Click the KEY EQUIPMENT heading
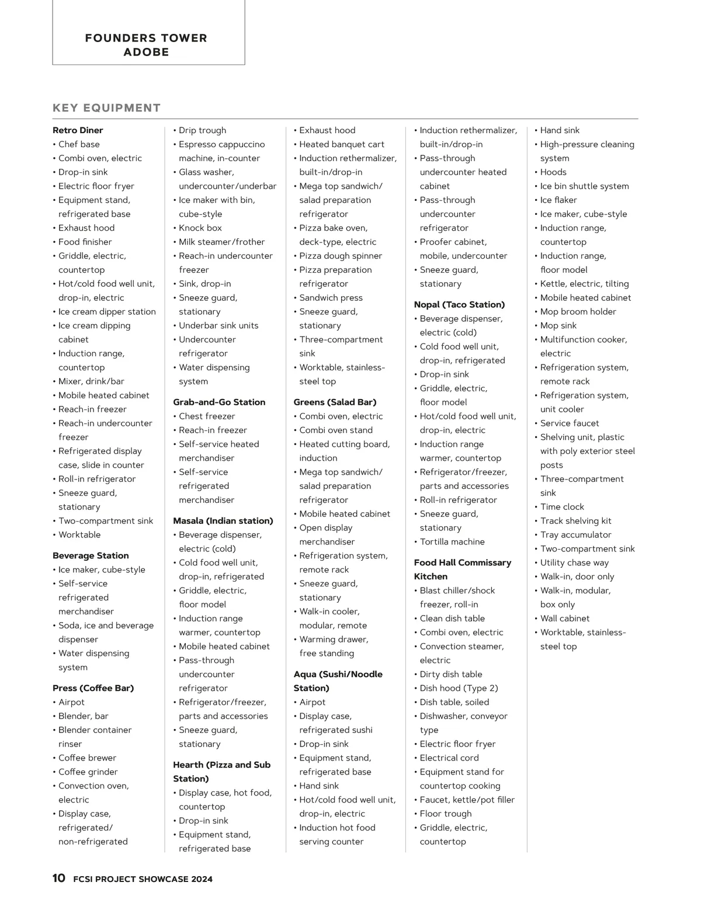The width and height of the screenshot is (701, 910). point(106,108)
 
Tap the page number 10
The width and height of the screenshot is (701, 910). point(59,878)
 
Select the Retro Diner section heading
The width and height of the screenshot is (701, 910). point(78,130)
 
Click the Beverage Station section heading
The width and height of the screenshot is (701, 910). point(91,555)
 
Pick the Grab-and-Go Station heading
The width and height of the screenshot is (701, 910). point(219,402)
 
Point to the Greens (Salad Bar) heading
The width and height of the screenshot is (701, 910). point(335,402)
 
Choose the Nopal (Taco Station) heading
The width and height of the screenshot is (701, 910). point(459,304)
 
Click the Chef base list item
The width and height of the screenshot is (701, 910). point(79,144)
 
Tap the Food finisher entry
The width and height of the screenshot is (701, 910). point(85,242)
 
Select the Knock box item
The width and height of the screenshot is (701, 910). point(200,228)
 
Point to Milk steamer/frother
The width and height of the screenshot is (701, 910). point(221,242)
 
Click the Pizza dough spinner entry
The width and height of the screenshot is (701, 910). point(341,256)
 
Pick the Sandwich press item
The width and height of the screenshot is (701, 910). point(331,298)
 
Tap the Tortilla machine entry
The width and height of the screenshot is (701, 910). point(452,541)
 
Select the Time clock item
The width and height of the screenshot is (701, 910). point(562,507)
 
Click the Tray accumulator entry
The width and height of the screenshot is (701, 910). point(575,534)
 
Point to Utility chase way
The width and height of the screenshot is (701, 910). point(574,562)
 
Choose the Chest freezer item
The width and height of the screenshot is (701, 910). point(207,416)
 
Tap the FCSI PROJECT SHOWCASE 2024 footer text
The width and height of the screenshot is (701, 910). point(143,879)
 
